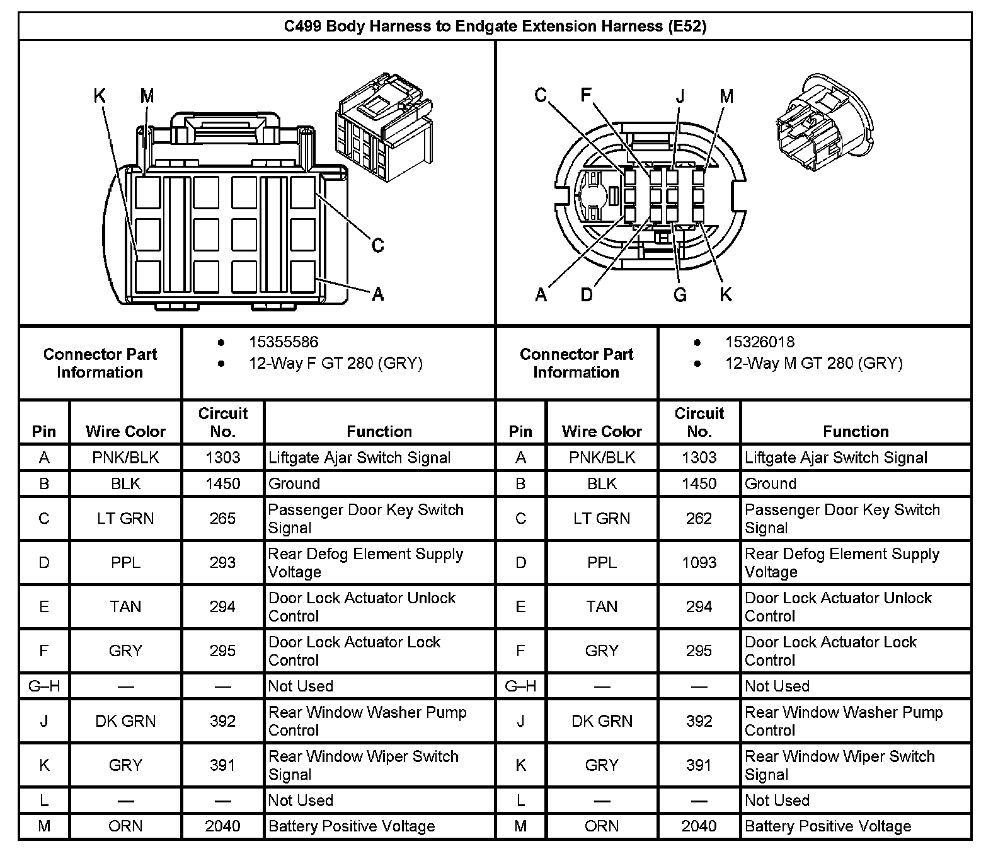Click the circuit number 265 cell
tap(222, 518)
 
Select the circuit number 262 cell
tap(699, 518)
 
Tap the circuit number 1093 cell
tap(699, 562)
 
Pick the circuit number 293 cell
tap(222, 562)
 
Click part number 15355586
tap(284, 342)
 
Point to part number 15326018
tap(760, 342)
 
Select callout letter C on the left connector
tap(377, 245)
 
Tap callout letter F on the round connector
tap(586, 95)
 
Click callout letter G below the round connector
tap(680, 294)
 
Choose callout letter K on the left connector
tap(100, 96)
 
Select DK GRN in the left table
tap(125, 720)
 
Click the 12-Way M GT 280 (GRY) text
tap(813, 363)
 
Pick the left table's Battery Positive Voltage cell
tap(352, 826)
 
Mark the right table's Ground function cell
tap(771, 483)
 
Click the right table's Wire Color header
tap(602, 431)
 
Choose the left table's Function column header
tap(379, 431)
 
